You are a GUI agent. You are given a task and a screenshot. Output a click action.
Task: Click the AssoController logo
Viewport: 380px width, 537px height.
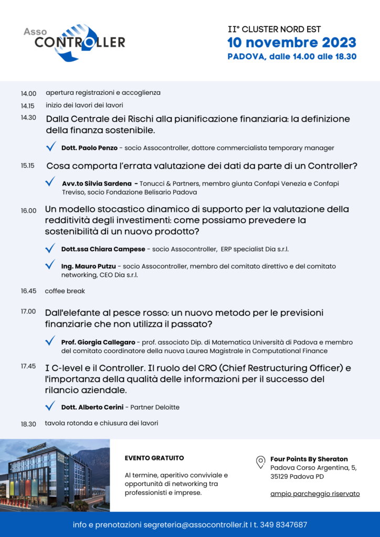74,41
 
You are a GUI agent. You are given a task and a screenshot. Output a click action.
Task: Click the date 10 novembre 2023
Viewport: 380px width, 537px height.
291,42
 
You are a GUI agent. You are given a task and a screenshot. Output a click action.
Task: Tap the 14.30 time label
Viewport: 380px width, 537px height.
28,117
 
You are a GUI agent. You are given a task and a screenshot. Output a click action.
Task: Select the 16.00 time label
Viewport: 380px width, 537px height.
28,210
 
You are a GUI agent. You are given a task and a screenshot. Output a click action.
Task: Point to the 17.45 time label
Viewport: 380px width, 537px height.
28,366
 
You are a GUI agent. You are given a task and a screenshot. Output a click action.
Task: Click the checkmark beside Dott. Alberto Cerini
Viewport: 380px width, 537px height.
50,406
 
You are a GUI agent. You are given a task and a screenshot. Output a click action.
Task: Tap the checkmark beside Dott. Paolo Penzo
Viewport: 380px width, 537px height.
51,147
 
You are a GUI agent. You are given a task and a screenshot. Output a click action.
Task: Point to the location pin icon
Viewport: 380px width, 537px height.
260,462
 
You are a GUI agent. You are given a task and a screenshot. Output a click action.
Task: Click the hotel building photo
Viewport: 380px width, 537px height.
55,475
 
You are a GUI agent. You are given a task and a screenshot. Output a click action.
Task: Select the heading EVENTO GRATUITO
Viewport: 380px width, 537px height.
154,458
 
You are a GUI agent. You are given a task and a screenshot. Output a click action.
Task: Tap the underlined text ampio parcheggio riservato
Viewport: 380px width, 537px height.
315,493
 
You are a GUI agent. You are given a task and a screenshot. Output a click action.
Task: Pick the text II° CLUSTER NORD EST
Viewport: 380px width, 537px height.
274,29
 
